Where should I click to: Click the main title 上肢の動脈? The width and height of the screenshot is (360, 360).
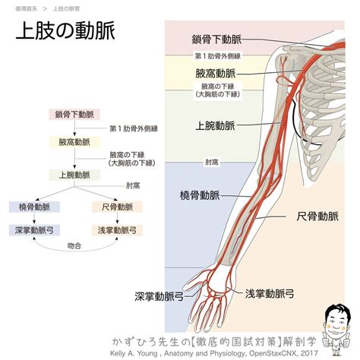[65, 30]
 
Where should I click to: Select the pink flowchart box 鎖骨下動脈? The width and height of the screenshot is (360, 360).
[74, 115]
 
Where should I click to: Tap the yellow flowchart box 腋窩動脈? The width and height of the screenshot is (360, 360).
[74, 142]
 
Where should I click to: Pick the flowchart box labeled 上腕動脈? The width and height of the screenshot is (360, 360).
[74, 175]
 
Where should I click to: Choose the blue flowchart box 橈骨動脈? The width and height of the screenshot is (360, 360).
[34, 207]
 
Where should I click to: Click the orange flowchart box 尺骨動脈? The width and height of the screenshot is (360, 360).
[117, 207]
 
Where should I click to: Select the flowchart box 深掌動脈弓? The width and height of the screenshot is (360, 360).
[34, 230]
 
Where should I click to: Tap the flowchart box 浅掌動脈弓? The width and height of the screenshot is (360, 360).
[117, 230]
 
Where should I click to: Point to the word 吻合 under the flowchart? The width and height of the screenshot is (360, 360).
[74, 245]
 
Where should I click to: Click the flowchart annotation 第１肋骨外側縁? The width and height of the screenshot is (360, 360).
[134, 128]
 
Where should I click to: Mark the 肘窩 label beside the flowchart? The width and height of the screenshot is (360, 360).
[133, 186]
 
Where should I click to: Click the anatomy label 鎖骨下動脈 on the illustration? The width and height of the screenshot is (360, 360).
[216, 39]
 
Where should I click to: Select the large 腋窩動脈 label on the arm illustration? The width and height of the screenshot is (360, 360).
[216, 74]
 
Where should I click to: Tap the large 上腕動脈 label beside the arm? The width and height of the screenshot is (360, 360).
[216, 125]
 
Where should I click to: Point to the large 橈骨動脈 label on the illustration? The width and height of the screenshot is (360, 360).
[200, 195]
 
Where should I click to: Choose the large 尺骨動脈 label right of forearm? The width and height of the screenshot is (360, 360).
[317, 216]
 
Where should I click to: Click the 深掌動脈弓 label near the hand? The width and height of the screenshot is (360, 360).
[159, 296]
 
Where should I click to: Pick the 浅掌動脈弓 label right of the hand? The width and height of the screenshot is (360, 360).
[270, 294]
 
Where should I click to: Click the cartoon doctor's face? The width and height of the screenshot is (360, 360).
[336, 321]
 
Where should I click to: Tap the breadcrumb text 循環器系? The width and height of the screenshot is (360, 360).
[26, 9]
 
